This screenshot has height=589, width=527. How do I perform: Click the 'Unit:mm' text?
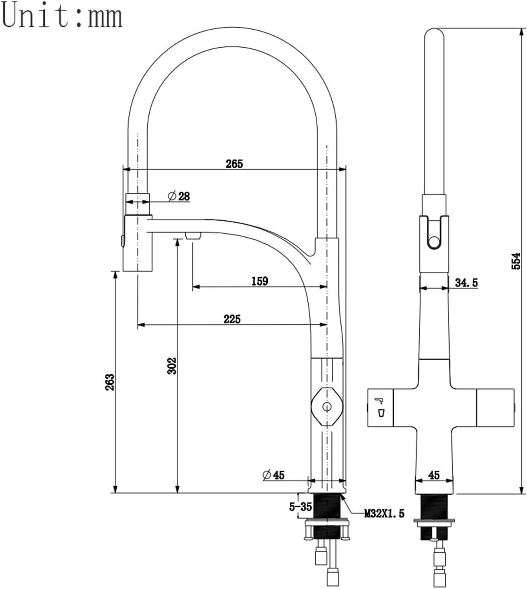click(62, 16)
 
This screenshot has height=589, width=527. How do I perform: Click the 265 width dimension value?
click(234, 164)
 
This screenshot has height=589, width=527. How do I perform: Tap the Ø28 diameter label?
click(179, 196)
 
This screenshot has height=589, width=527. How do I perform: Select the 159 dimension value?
click(260, 281)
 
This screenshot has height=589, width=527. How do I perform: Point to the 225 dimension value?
click(232, 319)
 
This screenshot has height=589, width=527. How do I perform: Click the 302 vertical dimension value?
click(172, 366)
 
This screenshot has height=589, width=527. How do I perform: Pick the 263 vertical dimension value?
click(110, 382)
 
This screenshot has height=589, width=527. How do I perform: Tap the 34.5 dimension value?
click(467, 283)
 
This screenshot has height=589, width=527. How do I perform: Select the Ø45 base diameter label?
click(273, 475)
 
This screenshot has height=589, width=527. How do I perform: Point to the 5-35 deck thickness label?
click(300, 507)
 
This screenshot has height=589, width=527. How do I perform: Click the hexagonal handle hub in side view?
click(327, 407)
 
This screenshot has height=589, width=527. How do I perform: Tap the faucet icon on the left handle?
click(379, 401)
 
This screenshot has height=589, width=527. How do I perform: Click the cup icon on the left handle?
click(381, 413)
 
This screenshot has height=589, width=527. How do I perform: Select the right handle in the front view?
click(495, 408)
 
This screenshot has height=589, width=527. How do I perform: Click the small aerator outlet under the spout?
click(193, 235)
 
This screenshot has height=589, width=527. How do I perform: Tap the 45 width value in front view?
click(434, 475)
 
